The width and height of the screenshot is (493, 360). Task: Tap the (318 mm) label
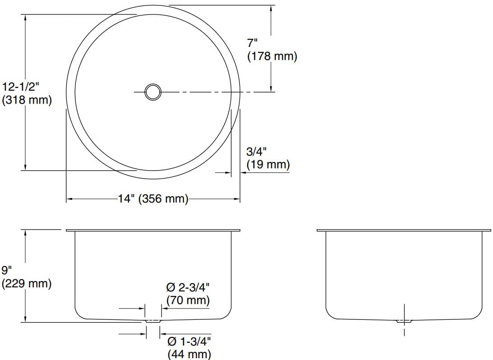27,100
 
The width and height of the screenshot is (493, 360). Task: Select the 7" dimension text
252,43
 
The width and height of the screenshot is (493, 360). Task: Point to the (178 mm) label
272,57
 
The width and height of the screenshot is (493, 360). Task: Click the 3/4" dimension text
257,152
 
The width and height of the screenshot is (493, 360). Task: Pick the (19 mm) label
268,165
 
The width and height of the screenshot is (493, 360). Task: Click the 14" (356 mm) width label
153,198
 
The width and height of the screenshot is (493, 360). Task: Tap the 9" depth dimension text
6,271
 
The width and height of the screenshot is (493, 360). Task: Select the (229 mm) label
27,284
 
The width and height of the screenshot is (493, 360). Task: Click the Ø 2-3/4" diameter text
188,287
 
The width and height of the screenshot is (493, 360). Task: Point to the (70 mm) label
188,300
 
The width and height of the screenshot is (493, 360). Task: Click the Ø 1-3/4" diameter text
189,341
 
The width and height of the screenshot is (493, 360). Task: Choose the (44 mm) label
189,354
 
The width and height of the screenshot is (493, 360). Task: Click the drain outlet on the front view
153,321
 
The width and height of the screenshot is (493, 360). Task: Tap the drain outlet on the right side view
404,321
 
